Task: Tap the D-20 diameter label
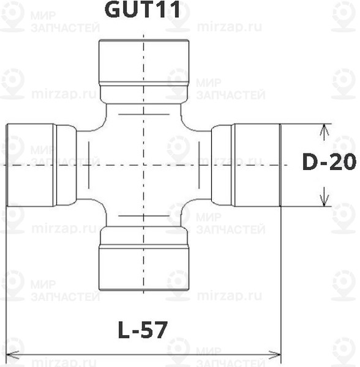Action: coord(329,163)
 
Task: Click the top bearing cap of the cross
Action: coord(143,62)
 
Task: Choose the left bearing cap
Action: coord(30,165)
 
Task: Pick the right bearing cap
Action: coord(257,165)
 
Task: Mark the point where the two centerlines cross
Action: coord(143,165)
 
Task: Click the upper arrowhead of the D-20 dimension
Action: coord(324,130)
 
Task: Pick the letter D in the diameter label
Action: coord(311,163)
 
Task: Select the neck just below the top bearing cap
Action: coord(143,94)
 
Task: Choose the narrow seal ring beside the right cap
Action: coord(222,165)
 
